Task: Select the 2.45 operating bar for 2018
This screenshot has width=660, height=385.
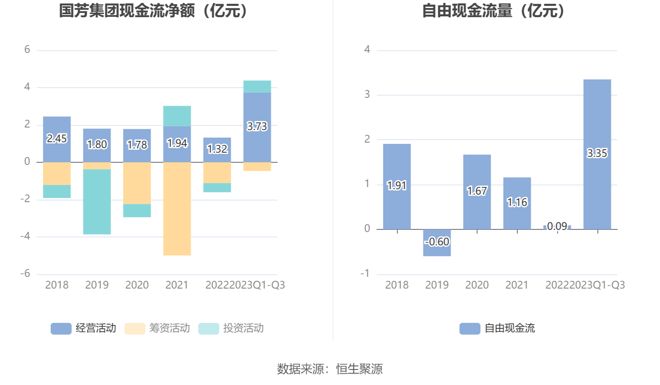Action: [x=57, y=139]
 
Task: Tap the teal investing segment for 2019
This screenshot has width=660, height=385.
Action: [x=97, y=202]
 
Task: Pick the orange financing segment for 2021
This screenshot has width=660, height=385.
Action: [x=177, y=208]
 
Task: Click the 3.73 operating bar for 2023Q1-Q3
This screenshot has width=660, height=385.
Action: [x=257, y=127]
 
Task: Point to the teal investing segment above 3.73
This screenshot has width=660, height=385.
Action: [x=257, y=86]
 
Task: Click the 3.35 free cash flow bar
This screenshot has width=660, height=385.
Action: [x=597, y=154]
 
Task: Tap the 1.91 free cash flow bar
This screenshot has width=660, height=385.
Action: [x=397, y=186]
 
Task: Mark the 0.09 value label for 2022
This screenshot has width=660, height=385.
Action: [x=557, y=226]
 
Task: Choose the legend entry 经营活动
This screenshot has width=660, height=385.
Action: [x=83, y=328]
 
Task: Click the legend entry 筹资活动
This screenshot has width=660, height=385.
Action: [x=157, y=328]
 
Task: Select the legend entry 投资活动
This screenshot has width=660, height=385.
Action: [x=231, y=328]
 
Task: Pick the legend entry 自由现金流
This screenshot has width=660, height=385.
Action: [x=497, y=328]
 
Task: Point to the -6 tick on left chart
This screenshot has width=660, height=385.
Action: [x=26, y=274]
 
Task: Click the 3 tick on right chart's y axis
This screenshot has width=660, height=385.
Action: [x=367, y=94]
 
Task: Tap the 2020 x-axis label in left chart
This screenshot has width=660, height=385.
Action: [x=137, y=285]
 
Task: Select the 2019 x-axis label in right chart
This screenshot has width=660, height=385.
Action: [x=437, y=285]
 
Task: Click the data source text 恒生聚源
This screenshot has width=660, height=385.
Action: [x=359, y=369]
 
